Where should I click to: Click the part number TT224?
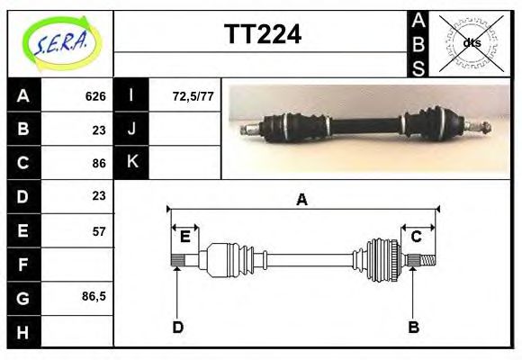[x=262, y=35]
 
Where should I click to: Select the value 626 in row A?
[x=95, y=95]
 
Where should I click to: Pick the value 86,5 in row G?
[x=94, y=296]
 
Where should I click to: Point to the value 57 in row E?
[x=98, y=231]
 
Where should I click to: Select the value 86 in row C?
[x=98, y=164]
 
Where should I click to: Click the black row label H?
[x=23, y=331]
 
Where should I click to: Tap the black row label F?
[x=23, y=265]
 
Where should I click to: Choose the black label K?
[x=132, y=162]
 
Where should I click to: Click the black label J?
[x=132, y=129]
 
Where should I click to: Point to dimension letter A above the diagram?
[x=302, y=200]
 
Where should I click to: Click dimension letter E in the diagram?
[x=184, y=237]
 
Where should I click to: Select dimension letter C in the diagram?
[x=417, y=237]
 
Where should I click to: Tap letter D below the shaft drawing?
[x=177, y=327]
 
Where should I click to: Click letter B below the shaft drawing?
[x=413, y=327]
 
